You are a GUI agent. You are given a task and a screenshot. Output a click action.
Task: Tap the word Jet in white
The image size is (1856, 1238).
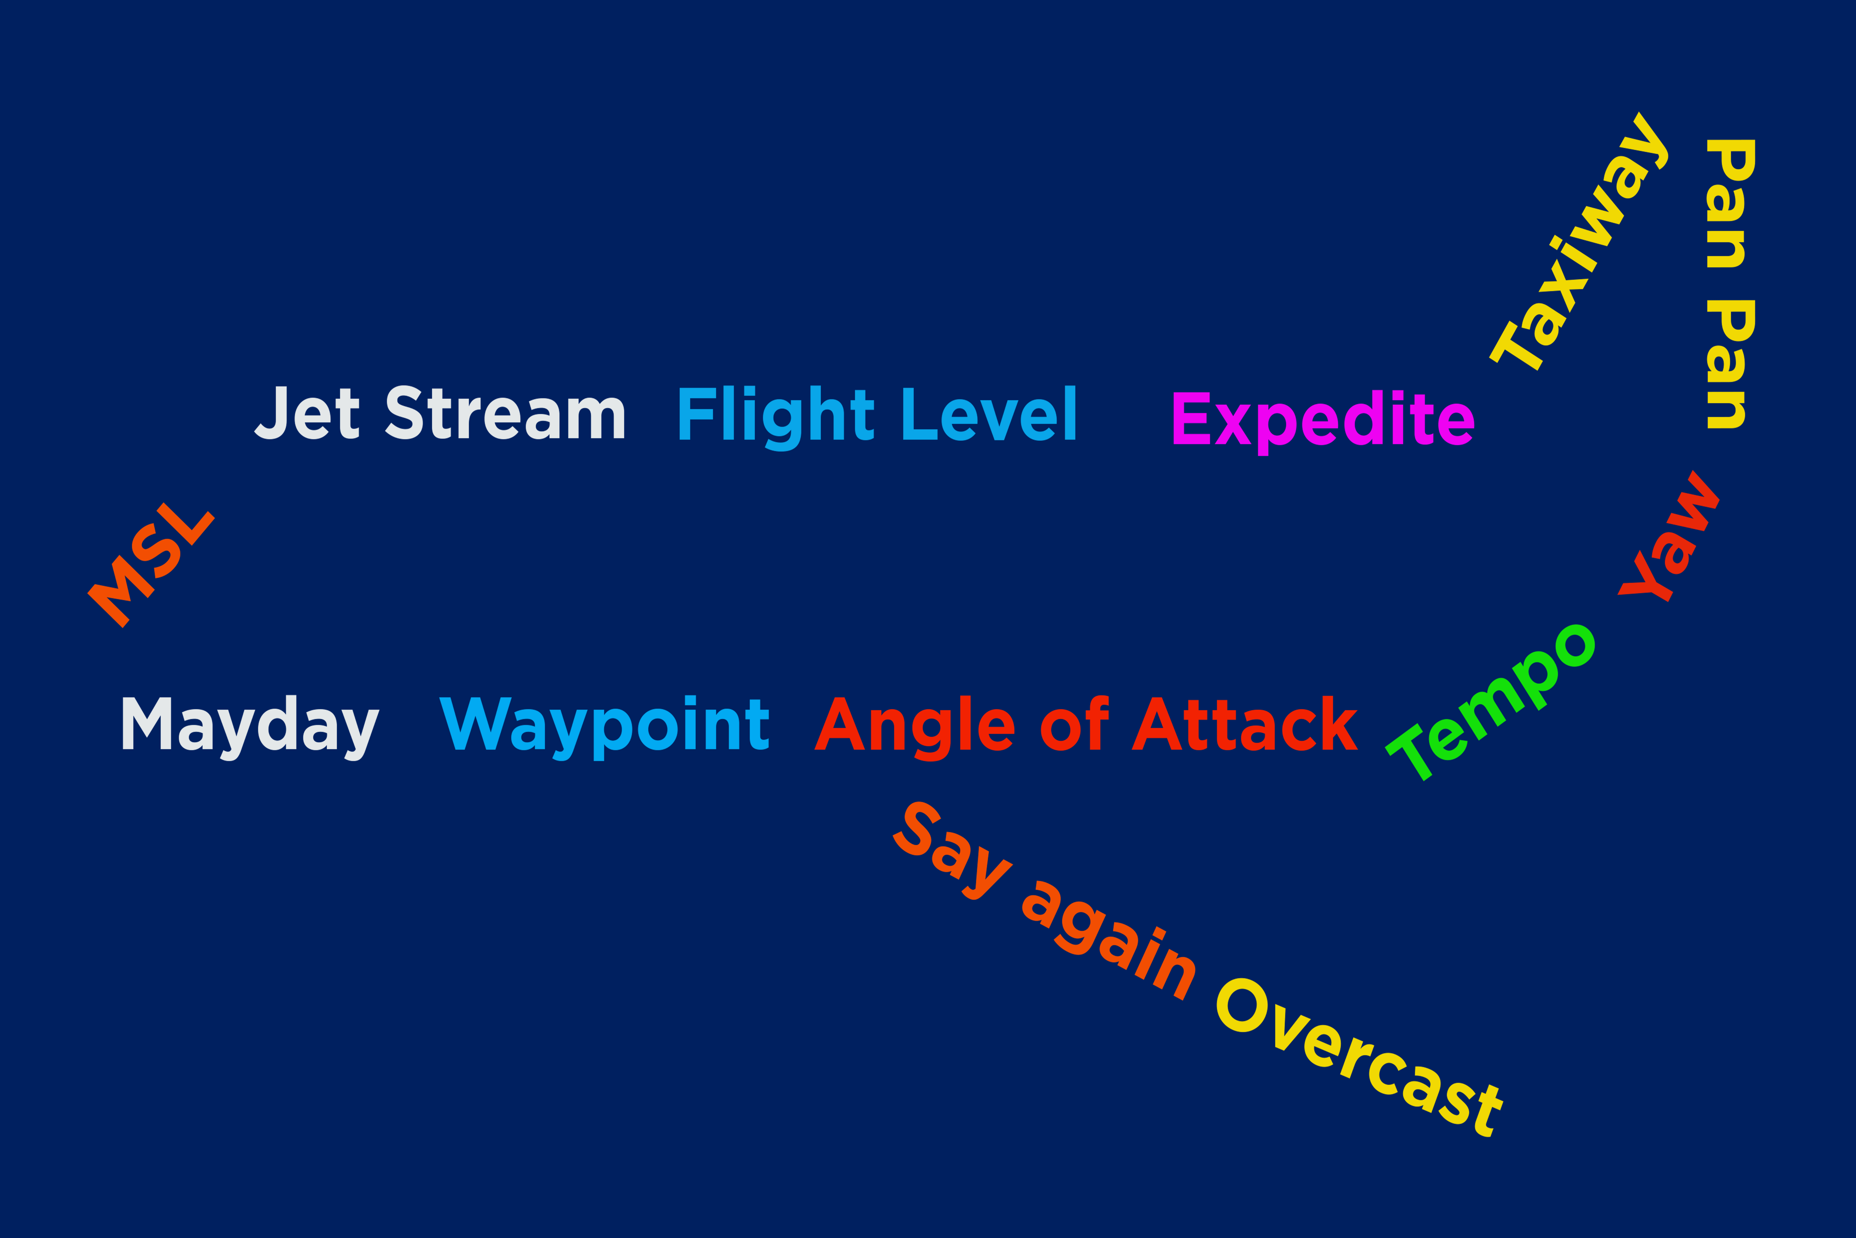coord(308,412)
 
